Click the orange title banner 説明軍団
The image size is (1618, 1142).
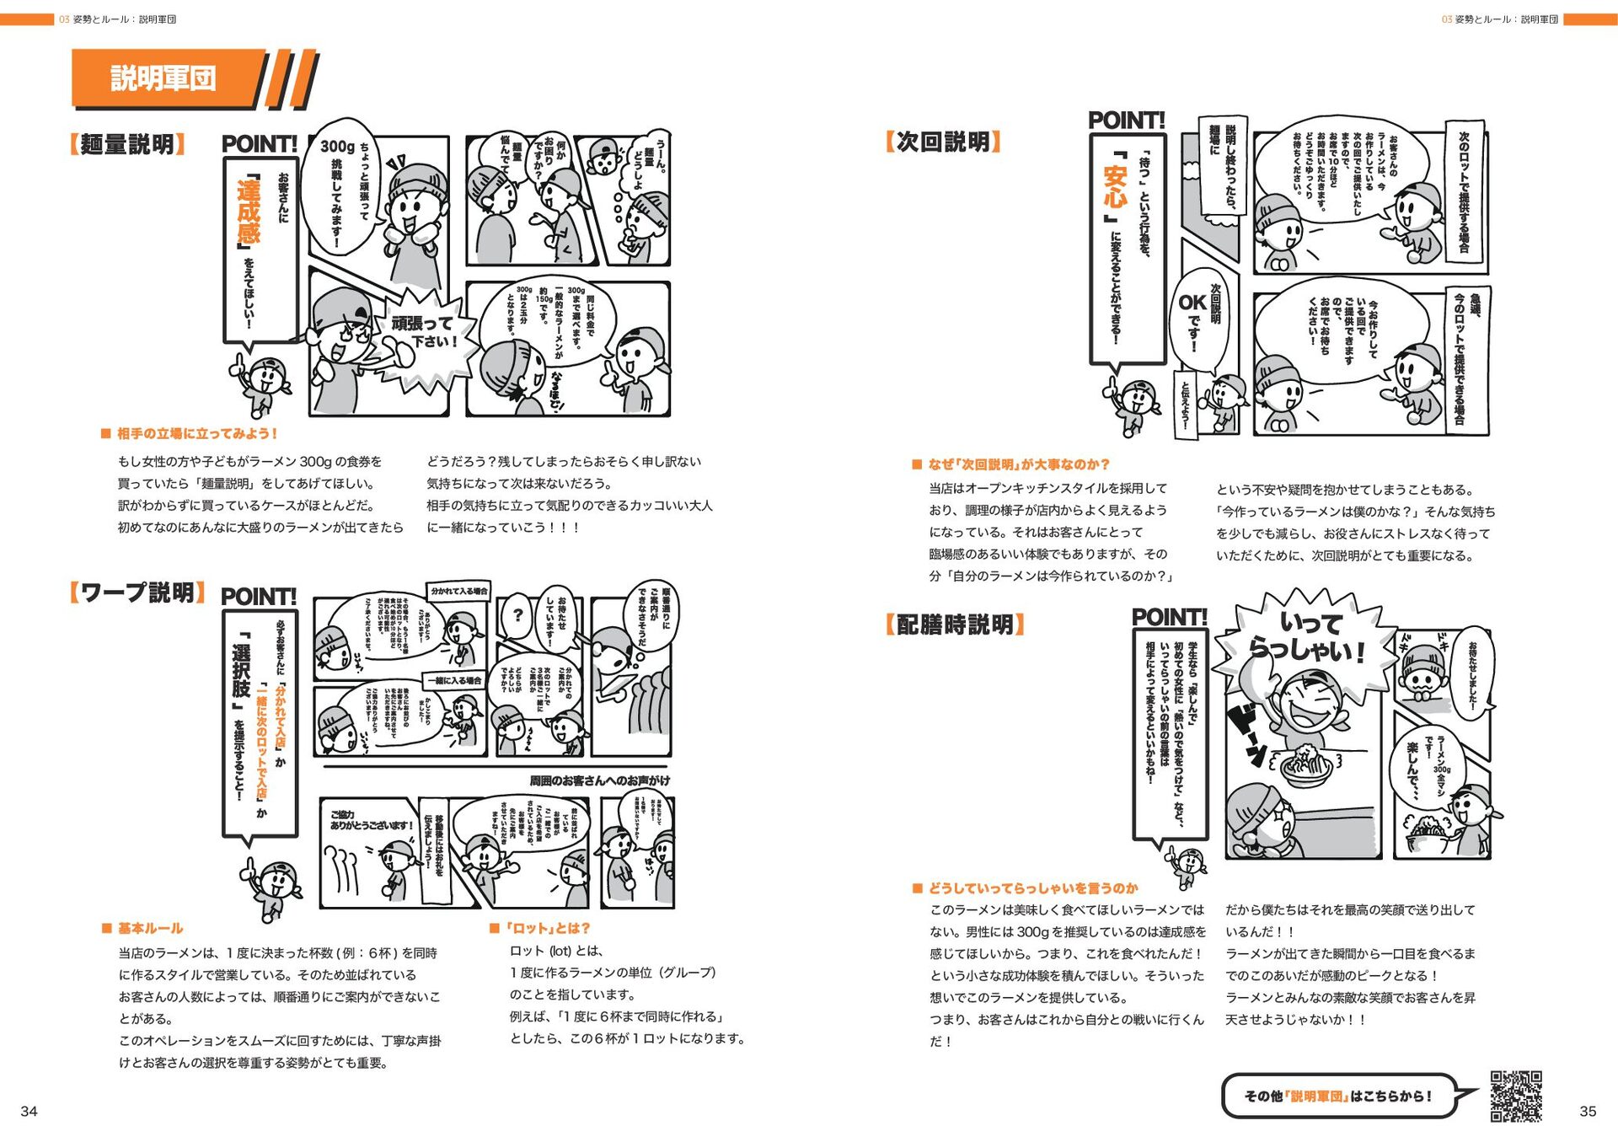click(164, 78)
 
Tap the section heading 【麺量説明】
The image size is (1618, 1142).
click(127, 144)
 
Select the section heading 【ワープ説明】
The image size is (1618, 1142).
click(137, 592)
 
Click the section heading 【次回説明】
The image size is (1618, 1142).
click(943, 141)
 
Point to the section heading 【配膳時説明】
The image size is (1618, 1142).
click(955, 625)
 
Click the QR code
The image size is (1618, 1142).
click(1515, 1096)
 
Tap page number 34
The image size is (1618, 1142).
click(29, 1111)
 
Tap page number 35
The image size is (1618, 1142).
click(1588, 1111)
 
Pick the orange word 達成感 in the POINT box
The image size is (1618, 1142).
click(248, 211)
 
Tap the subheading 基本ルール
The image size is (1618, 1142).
click(149, 928)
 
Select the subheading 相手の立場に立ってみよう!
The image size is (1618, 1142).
click(196, 433)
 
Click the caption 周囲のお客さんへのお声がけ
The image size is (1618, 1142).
click(599, 780)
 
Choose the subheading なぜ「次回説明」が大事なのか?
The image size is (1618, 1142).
click(1018, 464)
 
